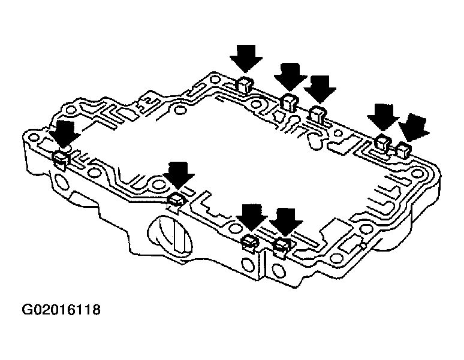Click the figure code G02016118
61,310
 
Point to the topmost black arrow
246,59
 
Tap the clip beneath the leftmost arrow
61,158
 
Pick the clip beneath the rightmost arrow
403,150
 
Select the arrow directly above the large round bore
179,176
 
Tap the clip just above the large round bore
176,199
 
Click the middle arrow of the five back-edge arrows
319,89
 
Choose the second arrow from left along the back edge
291,77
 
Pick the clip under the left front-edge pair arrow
249,241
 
